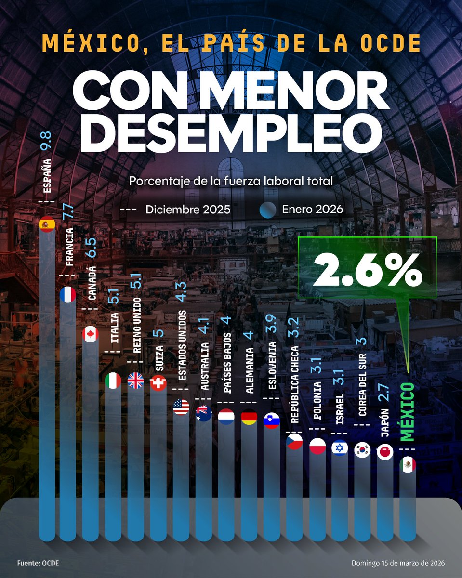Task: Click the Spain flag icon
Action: click(46, 224)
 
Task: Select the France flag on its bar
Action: click(68, 295)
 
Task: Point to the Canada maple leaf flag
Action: click(91, 334)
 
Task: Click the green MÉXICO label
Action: click(408, 412)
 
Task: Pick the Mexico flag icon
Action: click(408, 465)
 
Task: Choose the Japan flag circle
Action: click(385, 451)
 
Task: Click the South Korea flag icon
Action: click(362, 449)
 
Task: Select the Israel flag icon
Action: click(340, 447)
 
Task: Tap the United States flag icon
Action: click(181, 407)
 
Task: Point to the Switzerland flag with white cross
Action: click(158, 383)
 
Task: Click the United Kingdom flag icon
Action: click(136, 381)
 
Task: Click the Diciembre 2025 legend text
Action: click(188, 210)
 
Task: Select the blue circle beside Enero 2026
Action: click(268, 210)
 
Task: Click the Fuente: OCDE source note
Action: click(39, 563)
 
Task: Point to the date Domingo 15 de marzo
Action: click(398, 563)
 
